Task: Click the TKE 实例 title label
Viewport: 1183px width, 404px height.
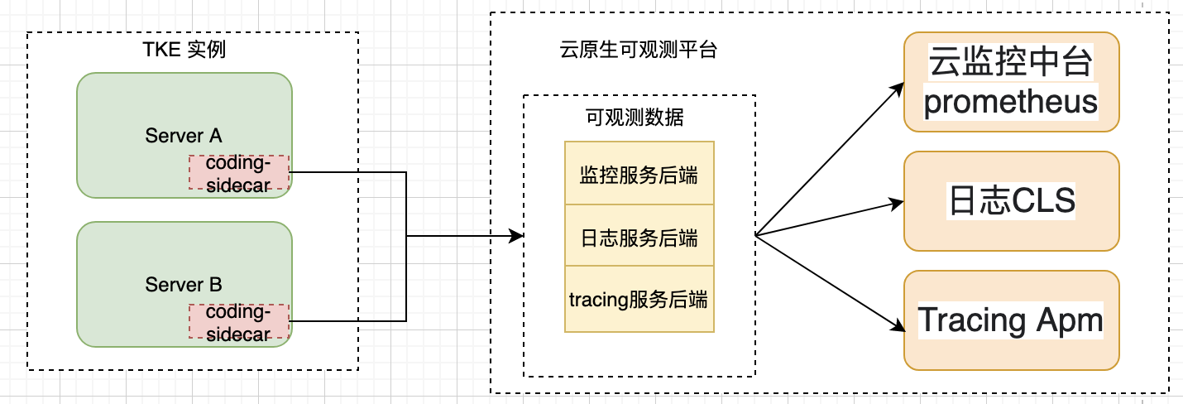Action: [184, 50]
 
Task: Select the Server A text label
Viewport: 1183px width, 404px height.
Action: [184, 136]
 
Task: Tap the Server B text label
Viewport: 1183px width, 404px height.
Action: [184, 285]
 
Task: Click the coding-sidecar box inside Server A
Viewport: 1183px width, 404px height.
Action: [239, 172]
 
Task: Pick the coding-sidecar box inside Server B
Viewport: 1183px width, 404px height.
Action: [239, 321]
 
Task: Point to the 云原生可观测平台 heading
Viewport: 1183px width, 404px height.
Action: [638, 50]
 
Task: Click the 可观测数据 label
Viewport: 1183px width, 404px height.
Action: [635, 118]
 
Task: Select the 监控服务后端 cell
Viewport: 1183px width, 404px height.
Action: [639, 173]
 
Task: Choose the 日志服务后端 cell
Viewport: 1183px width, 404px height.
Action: [639, 236]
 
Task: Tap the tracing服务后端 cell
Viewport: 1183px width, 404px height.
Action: [639, 300]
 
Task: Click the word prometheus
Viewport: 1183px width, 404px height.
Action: [1010, 102]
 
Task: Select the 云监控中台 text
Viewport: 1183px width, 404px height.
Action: [1010, 61]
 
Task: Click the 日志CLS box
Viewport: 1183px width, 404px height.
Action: [1012, 201]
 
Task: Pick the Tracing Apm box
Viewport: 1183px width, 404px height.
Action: [1012, 320]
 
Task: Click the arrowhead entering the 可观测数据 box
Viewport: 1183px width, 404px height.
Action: [516, 236]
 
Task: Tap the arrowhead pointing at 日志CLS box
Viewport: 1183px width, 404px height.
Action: [897, 204]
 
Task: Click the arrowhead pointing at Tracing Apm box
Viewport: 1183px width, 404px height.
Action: [898, 325]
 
